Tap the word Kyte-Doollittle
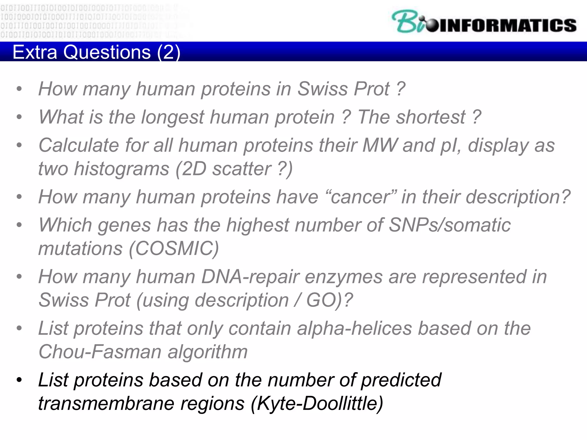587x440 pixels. pyautogui.click(x=317, y=403)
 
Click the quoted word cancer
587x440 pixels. pyautogui.click(x=361, y=197)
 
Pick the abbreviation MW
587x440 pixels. pyautogui.click(x=380, y=145)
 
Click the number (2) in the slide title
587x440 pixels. pyautogui.click(x=169, y=52)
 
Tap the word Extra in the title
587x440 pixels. pyautogui.click(x=35, y=52)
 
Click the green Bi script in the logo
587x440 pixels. pyautogui.click(x=407, y=22)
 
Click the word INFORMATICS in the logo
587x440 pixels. pyautogui.click(x=507, y=25)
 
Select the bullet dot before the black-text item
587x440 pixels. pyautogui.click(x=19, y=380)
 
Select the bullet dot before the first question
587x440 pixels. pyautogui.click(x=19, y=89)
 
